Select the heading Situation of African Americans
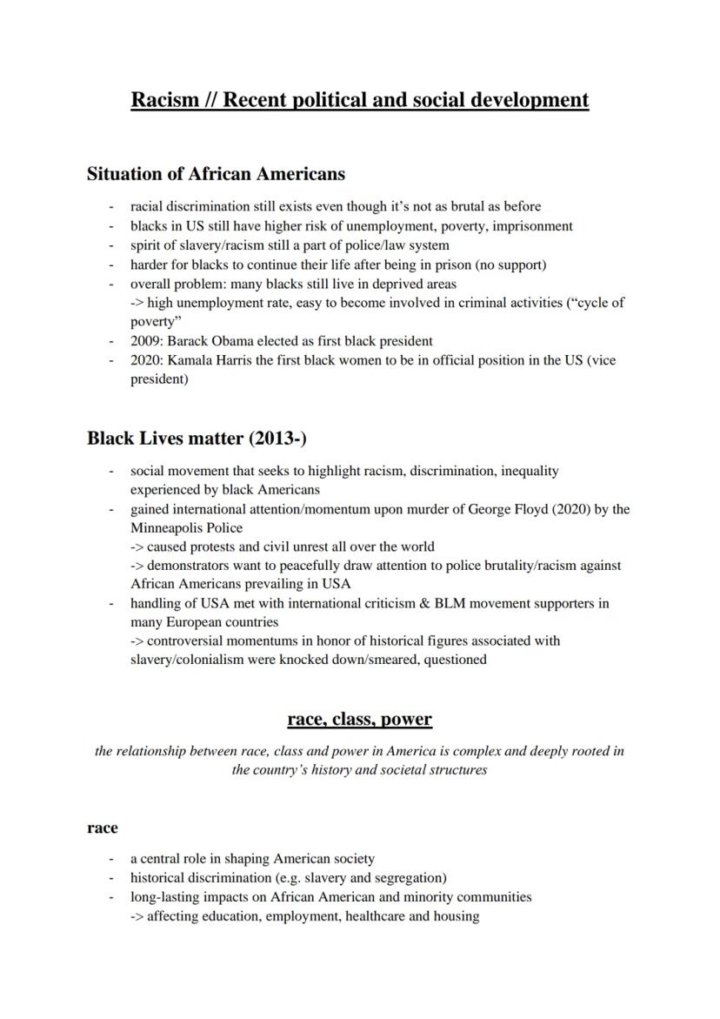pyautogui.click(x=216, y=174)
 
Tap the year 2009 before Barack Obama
pyautogui.click(x=146, y=341)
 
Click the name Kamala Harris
pyautogui.click(x=208, y=359)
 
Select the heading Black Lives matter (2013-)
pyautogui.click(x=197, y=438)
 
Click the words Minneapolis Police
pyautogui.click(x=186, y=527)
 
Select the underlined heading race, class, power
pyautogui.click(x=359, y=719)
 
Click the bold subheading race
pyautogui.click(x=103, y=828)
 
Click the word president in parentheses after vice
pyautogui.click(x=157, y=379)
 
